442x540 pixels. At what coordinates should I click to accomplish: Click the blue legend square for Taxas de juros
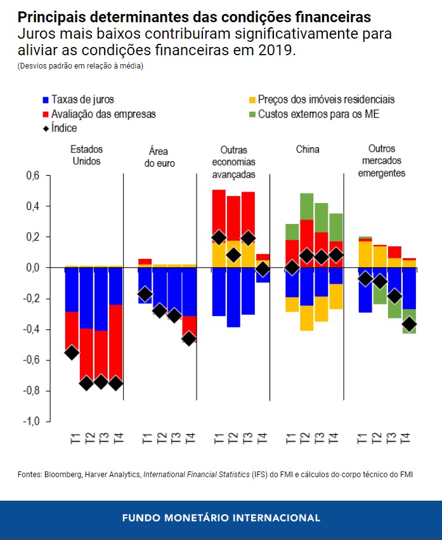45,100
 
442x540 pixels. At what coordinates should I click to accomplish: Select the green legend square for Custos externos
252,115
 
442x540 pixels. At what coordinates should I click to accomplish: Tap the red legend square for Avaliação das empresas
45,115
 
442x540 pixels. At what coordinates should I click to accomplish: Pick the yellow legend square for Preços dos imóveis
252,100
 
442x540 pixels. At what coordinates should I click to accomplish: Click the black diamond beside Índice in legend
45,129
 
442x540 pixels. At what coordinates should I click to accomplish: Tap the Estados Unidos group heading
86,155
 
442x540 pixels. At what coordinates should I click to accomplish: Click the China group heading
308,150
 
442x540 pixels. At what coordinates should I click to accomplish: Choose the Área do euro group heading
162,158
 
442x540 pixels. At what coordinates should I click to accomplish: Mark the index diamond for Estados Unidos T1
72,352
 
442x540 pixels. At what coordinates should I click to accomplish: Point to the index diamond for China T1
292,268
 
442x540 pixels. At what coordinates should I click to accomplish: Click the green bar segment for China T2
306,206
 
